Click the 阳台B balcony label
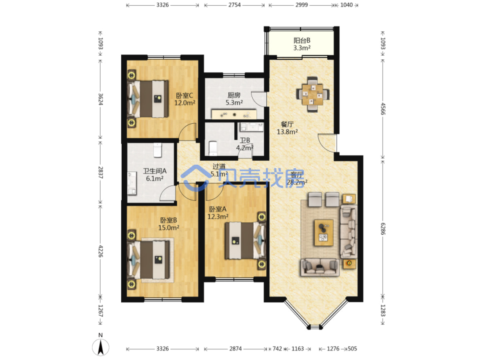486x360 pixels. (302, 41)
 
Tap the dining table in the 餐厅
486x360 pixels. (313, 95)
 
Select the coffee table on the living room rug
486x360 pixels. (324, 233)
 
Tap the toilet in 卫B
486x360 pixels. (213, 148)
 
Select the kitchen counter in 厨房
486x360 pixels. (234, 114)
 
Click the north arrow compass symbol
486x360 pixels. (101, 347)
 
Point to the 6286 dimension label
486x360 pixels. (383, 229)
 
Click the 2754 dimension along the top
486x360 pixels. (235, 5)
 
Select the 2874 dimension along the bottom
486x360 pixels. (235, 348)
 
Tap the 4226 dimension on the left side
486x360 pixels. (101, 251)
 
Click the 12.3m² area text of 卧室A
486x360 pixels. (218, 217)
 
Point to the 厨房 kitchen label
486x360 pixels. (234, 95)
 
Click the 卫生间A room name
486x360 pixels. (155, 171)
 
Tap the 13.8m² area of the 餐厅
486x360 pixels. (287, 132)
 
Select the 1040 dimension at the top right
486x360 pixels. (346, 5)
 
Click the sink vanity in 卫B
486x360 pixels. (251, 127)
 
